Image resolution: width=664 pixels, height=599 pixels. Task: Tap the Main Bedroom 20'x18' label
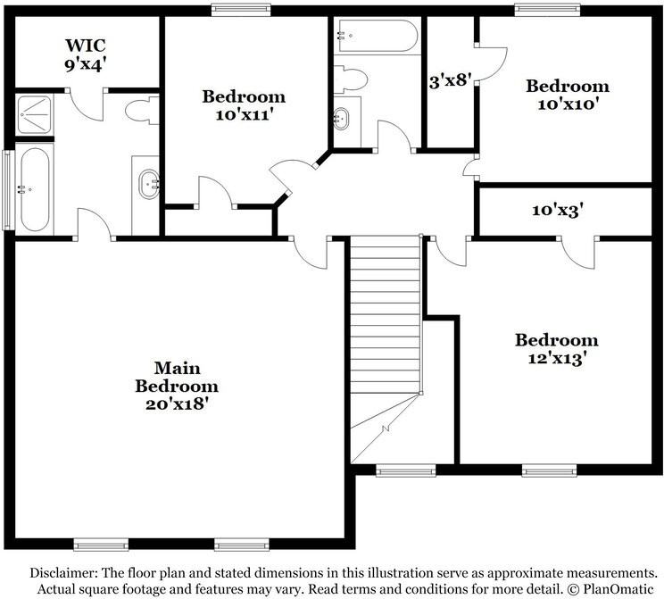coord(177,385)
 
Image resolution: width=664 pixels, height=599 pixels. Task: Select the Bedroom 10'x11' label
coord(243,105)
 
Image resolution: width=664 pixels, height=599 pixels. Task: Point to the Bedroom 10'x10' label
coord(567,95)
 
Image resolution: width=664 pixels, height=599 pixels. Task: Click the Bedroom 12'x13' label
coord(556,349)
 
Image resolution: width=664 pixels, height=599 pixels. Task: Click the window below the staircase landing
coord(393,470)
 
